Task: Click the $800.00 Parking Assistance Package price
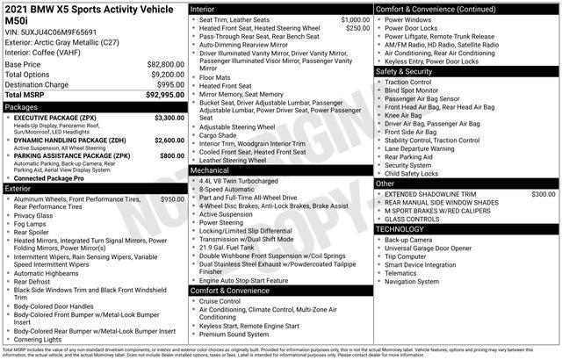click(169, 155)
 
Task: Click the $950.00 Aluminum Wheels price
click(169, 199)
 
